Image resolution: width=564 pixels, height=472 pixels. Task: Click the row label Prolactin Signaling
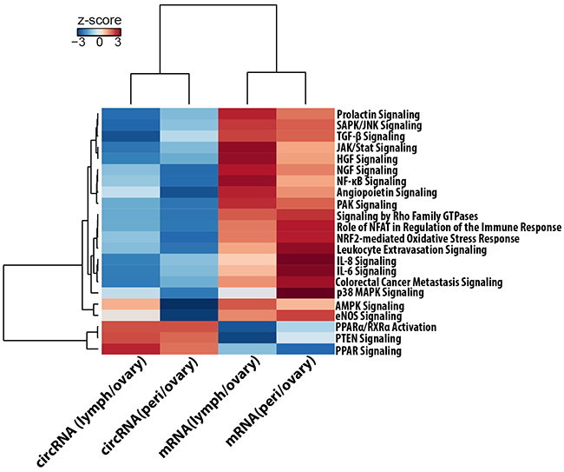(x=377, y=114)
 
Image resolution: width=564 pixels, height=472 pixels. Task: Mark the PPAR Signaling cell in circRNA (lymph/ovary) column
(x=129, y=350)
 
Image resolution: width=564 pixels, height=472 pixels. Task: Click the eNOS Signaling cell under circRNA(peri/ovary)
(x=188, y=316)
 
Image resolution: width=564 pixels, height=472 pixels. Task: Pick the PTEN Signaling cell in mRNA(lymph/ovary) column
(x=247, y=339)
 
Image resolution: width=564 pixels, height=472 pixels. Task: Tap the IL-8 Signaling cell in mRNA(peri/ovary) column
(x=305, y=260)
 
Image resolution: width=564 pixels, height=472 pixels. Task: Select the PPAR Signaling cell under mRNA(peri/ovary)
(x=305, y=350)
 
